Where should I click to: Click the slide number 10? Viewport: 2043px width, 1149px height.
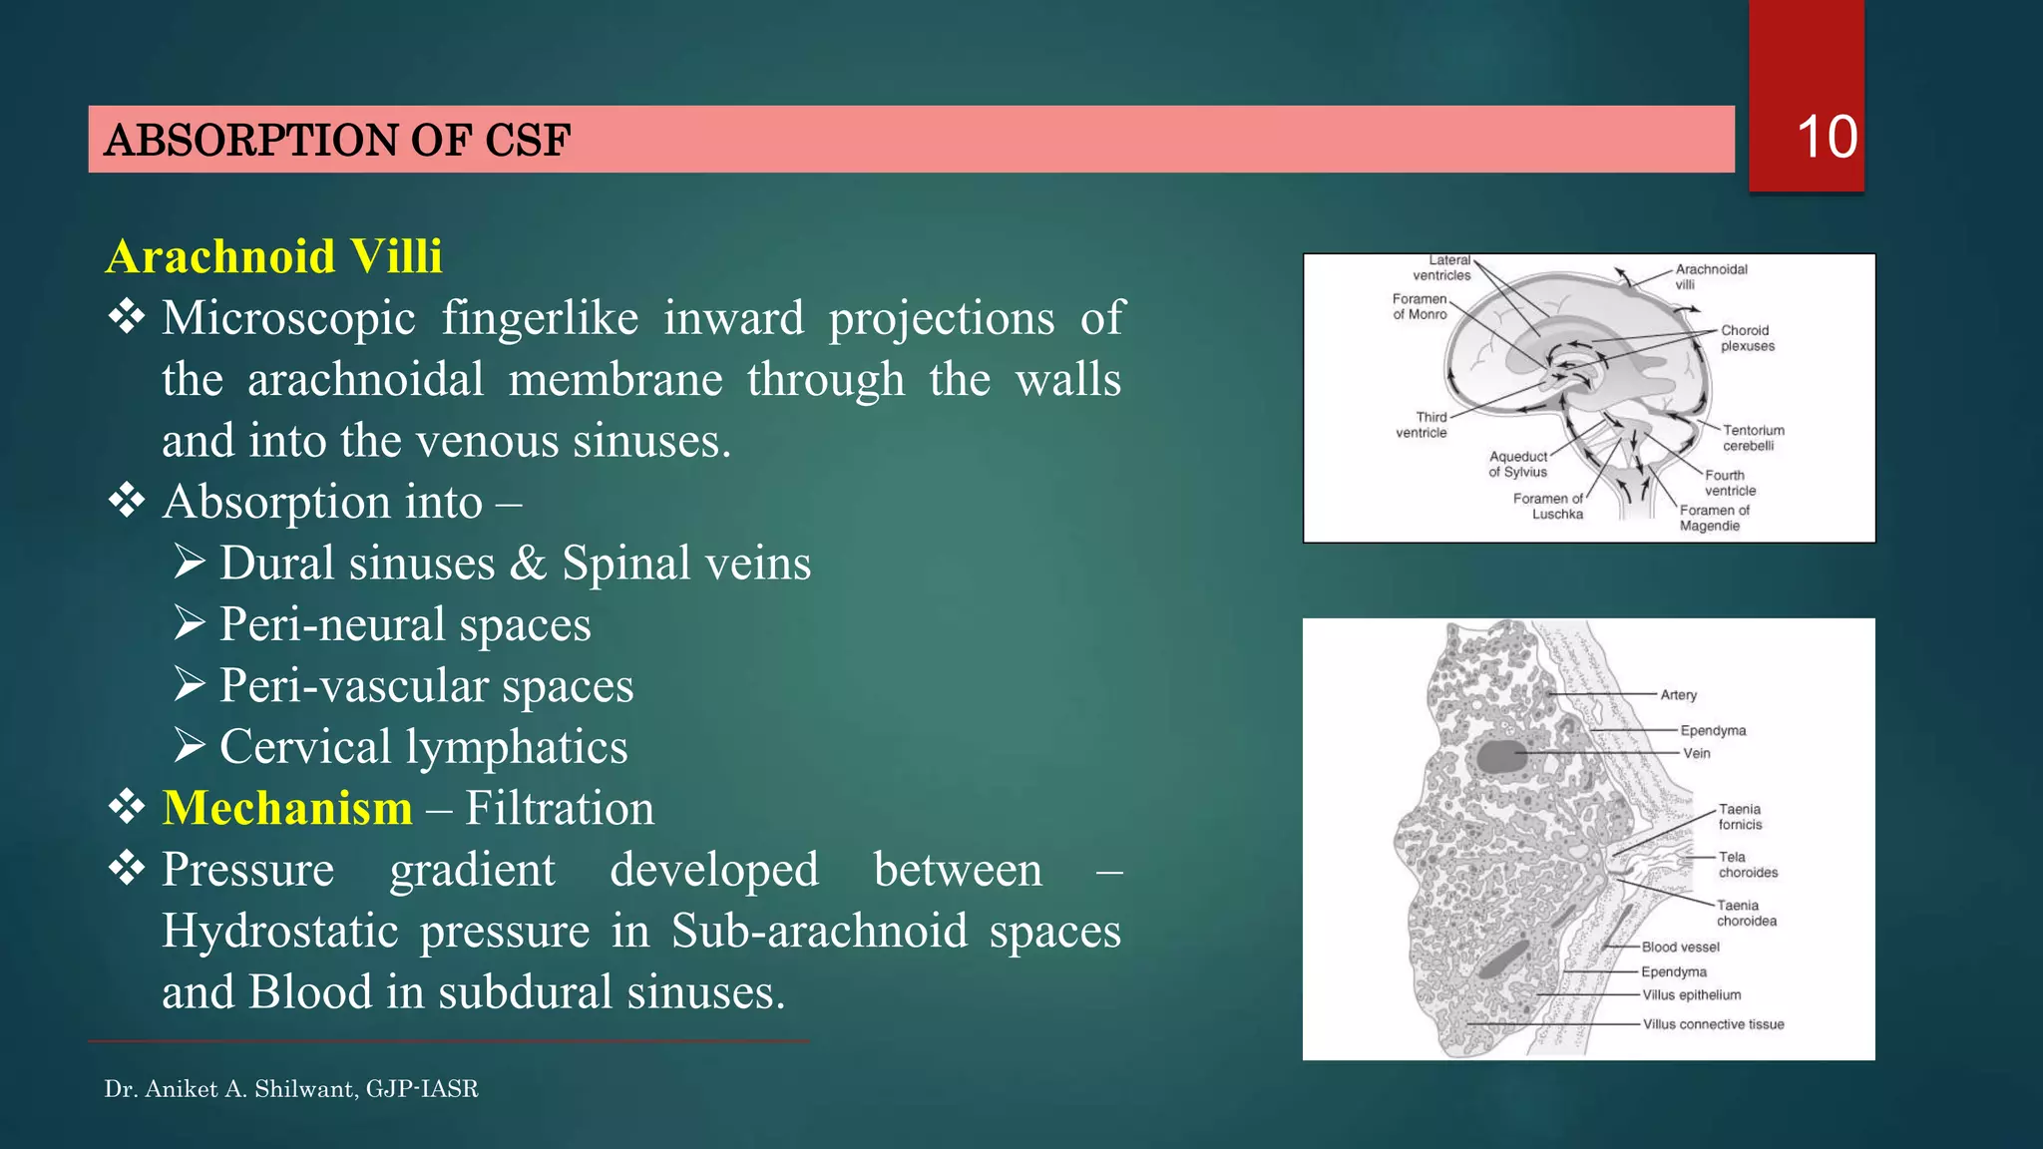[x=1826, y=137]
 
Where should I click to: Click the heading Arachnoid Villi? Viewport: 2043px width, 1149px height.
[x=273, y=256]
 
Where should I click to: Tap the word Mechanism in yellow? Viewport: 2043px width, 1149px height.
[x=287, y=808]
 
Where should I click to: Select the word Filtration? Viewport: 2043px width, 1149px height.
[x=560, y=808]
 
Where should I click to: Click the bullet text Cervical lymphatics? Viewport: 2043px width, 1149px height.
[x=423, y=747]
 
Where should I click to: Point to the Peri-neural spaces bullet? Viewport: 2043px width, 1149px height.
[x=405, y=624]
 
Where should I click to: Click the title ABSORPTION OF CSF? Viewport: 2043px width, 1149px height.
[x=337, y=140]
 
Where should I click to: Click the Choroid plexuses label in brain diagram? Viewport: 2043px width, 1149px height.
[x=1747, y=338]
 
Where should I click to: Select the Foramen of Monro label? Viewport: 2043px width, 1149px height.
[x=1420, y=306]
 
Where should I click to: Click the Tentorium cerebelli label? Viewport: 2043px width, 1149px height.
[x=1753, y=438]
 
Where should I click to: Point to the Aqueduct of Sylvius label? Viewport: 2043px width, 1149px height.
[x=1517, y=464]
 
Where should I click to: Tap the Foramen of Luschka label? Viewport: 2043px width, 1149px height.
[x=1548, y=506]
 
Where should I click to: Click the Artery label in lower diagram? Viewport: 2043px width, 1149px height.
[x=1678, y=695]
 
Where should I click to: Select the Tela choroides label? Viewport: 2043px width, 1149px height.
[x=1747, y=865]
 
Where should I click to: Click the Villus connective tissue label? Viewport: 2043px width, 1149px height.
[x=1713, y=1024]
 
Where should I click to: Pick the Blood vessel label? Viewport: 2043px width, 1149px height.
[x=1680, y=947]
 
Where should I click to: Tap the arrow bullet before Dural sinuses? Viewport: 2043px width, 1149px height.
[x=190, y=563]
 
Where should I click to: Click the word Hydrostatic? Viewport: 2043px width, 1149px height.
[x=280, y=931]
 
